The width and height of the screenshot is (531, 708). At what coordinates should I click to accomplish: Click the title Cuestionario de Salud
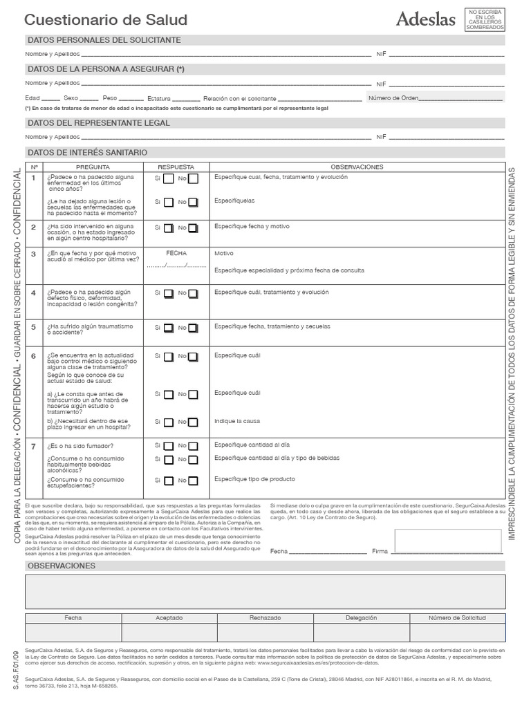(x=106, y=21)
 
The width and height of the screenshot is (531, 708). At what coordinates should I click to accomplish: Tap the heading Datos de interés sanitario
(x=86, y=152)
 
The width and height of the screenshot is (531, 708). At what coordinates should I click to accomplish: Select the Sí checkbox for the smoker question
(x=167, y=445)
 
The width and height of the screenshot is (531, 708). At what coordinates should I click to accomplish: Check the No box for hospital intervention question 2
(x=194, y=227)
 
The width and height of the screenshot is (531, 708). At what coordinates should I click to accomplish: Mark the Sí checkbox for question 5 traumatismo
(x=167, y=328)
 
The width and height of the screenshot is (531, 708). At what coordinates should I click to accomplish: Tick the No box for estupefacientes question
(x=194, y=481)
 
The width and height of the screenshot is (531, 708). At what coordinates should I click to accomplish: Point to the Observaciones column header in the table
(x=357, y=167)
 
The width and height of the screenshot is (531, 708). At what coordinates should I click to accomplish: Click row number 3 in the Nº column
(x=33, y=254)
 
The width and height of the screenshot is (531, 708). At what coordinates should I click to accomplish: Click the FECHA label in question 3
(x=176, y=254)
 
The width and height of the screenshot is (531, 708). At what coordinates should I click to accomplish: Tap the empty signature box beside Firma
(x=448, y=541)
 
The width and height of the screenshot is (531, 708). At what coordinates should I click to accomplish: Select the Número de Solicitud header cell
(x=457, y=617)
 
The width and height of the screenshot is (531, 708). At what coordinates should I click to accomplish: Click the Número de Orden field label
(x=393, y=98)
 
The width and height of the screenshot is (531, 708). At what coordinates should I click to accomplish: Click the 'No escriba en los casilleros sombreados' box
(x=485, y=19)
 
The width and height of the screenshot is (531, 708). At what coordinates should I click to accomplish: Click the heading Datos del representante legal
(x=98, y=123)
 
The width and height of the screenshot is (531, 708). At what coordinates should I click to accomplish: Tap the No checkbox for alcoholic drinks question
(x=194, y=460)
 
